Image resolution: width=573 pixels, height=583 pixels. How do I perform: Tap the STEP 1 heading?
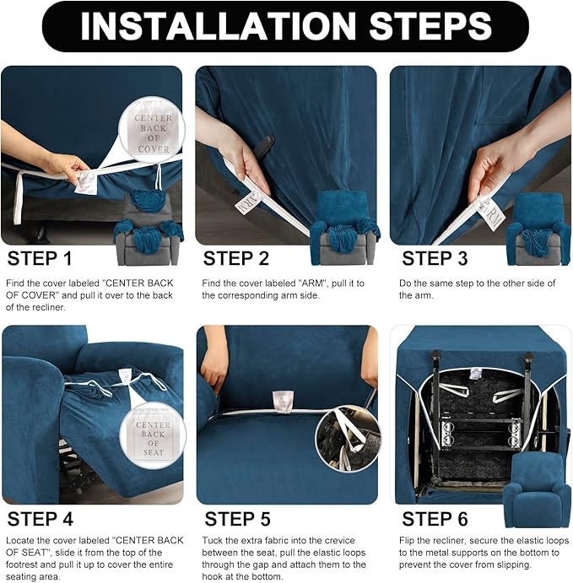(46, 258)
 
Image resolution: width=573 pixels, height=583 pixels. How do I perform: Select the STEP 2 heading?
(236, 258)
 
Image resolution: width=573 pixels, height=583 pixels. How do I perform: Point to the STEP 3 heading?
(435, 258)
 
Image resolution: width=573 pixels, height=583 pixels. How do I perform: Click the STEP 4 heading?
(46, 517)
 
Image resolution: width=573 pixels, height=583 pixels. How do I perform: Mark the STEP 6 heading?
(435, 517)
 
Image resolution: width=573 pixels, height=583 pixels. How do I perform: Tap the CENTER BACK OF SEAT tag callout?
(153, 433)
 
